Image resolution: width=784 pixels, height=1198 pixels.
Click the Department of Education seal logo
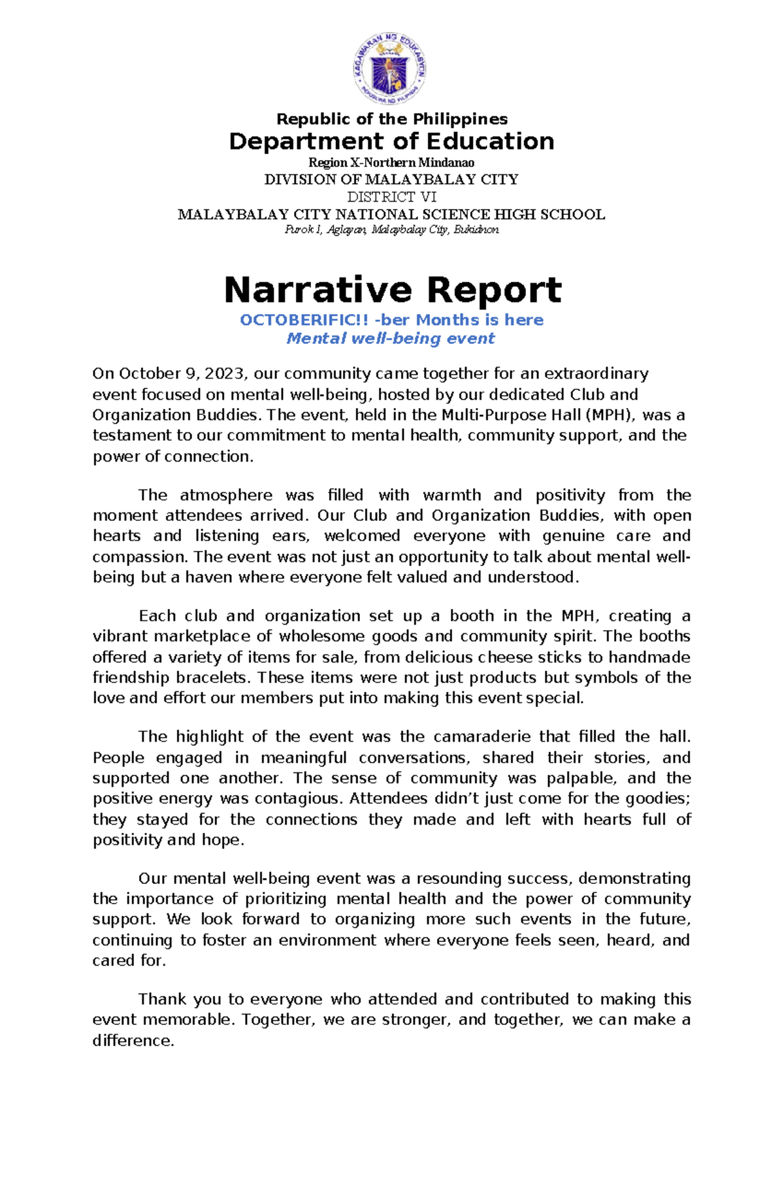391,69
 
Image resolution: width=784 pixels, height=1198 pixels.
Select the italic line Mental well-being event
391,338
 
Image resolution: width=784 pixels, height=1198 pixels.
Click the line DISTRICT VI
391,197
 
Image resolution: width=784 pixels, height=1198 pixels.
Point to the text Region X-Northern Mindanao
391,163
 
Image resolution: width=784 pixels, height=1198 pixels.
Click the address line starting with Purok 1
391,230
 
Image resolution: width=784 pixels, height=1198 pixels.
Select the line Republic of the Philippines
391,119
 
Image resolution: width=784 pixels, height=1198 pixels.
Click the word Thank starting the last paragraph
162,999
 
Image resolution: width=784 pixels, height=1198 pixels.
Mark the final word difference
133,1040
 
